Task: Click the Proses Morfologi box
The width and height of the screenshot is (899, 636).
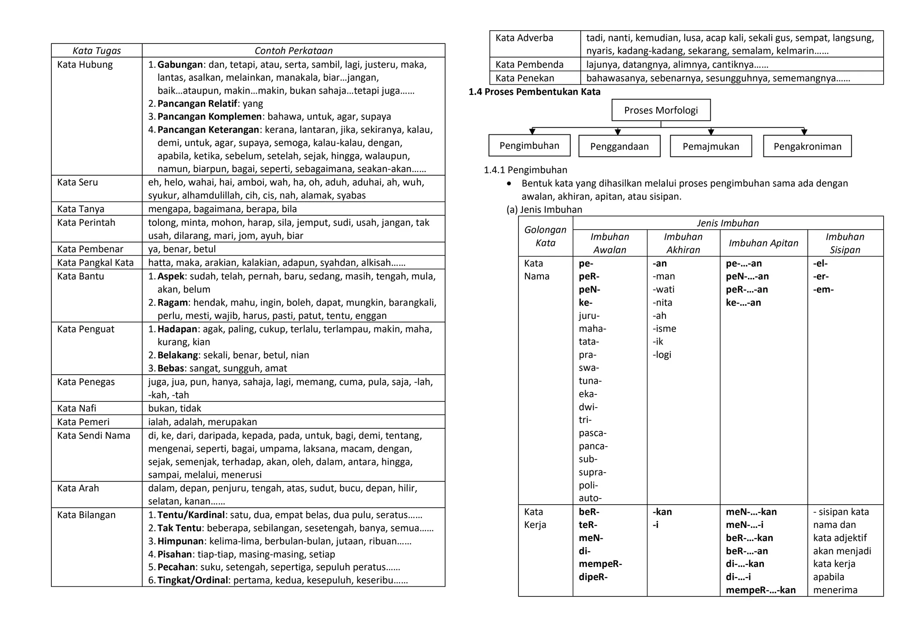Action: (x=661, y=110)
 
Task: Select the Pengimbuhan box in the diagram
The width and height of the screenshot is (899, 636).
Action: (x=529, y=146)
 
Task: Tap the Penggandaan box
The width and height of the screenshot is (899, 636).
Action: (x=619, y=146)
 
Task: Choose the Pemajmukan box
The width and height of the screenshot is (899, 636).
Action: (x=711, y=146)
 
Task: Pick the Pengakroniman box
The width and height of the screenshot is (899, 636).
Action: (x=807, y=146)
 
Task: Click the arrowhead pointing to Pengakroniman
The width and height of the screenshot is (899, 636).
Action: (x=804, y=132)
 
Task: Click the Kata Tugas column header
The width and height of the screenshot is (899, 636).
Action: (x=97, y=51)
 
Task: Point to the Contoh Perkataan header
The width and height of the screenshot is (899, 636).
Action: (x=293, y=51)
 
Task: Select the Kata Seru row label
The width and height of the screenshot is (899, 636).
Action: (x=77, y=182)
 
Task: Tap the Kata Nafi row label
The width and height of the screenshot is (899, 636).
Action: (x=76, y=408)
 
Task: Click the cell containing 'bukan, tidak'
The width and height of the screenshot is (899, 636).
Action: (x=175, y=408)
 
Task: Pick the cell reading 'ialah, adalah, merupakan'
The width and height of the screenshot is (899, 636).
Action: (x=202, y=422)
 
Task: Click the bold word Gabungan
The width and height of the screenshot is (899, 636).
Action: (x=180, y=65)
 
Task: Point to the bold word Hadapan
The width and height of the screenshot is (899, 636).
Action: (x=177, y=329)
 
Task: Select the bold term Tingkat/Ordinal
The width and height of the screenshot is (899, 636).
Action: (x=193, y=580)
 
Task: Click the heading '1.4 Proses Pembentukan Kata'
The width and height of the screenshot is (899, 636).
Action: (x=534, y=92)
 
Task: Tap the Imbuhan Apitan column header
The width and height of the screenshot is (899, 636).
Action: (x=763, y=243)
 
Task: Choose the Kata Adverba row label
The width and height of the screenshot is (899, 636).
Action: (x=524, y=38)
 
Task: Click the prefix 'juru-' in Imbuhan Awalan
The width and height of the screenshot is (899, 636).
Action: (x=589, y=315)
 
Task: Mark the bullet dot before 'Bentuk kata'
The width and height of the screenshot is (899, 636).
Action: (x=509, y=184)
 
